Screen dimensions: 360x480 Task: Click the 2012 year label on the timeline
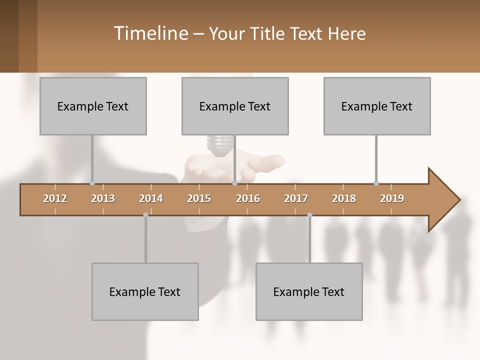55,198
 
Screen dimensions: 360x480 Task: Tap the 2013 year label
103,198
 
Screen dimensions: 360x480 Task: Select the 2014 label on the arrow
151,198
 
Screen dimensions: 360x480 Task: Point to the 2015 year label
199,198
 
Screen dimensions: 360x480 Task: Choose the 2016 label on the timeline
248,198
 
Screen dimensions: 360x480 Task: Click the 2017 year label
296,198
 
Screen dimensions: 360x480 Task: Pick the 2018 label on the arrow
344,198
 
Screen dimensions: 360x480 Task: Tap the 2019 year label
392,198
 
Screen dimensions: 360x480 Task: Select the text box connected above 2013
93,106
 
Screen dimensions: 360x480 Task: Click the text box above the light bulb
235,106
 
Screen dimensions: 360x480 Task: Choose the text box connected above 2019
377,106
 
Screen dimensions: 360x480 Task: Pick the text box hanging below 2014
145,291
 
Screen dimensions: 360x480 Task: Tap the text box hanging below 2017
309,291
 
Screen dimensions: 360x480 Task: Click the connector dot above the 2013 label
92,183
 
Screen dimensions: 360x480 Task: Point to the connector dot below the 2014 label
145,215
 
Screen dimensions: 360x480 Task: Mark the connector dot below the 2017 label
309,215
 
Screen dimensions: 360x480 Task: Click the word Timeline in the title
149,33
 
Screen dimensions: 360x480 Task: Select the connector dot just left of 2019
376,183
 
